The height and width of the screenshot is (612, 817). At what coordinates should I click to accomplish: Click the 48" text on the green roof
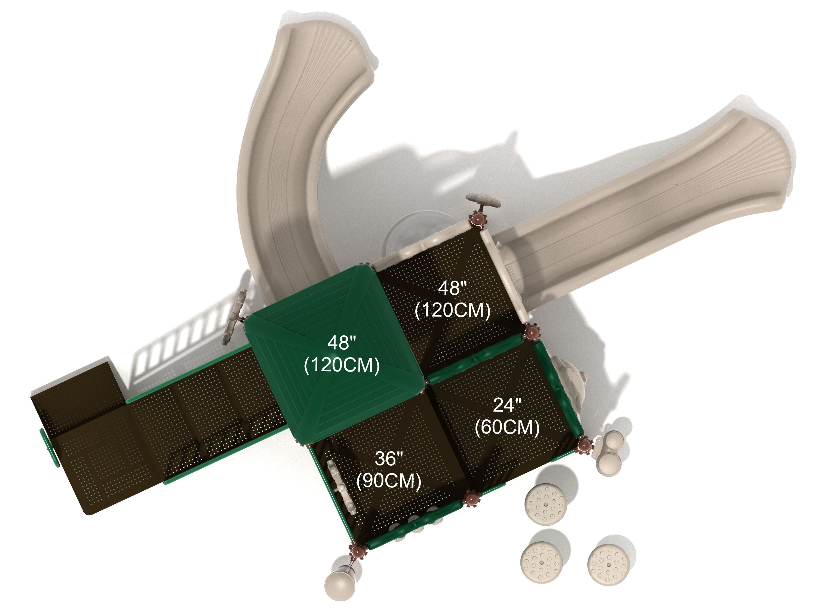coord(342,343)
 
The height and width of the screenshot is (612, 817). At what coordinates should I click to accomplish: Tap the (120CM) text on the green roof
coord(342,365)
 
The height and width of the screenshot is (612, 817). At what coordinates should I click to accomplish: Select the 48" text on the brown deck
coord(452,288)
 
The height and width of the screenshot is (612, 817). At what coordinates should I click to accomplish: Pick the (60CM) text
coord(507,427)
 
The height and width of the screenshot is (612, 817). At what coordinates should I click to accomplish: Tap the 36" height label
coord(389,459)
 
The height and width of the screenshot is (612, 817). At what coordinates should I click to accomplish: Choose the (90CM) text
coord(389,481)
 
